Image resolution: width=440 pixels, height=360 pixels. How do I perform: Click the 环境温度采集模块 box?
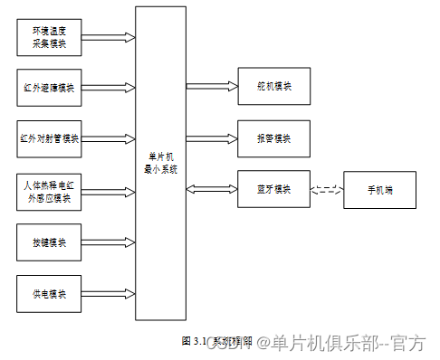51,37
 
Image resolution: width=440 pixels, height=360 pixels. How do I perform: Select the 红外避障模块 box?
51,88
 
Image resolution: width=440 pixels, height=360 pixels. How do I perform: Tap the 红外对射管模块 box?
51,138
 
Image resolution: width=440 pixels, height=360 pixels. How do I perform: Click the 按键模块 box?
51,242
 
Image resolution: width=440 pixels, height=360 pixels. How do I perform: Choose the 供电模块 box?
51,293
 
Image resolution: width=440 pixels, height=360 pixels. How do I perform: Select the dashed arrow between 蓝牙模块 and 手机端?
328,190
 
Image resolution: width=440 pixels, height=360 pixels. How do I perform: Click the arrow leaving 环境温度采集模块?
110,38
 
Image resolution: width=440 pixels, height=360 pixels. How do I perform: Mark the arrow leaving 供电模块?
110,294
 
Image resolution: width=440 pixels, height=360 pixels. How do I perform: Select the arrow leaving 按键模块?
110,242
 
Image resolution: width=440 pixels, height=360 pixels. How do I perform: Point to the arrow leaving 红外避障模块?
110,89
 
